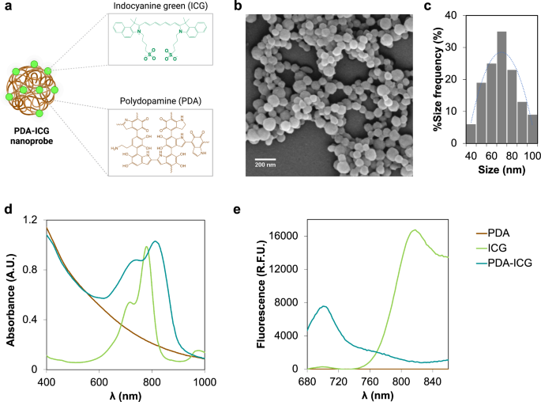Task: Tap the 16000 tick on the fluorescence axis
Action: [282, 236]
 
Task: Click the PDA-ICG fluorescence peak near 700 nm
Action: [324, 306]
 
